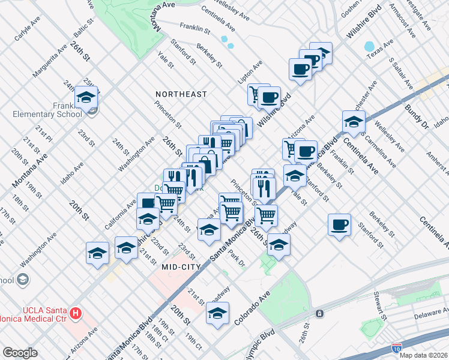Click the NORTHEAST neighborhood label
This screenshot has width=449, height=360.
(x=181, y=94)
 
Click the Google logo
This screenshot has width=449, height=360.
(x=20, y=353)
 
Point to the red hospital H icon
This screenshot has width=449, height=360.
(x=76, y=313)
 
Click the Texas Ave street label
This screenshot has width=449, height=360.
(x=380, y=51)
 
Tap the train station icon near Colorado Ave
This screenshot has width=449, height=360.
(x=320, y=313)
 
